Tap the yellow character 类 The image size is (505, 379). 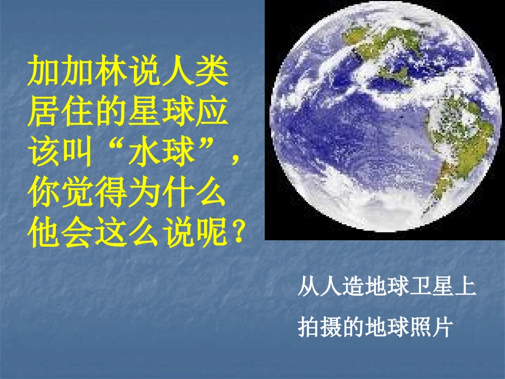click(x=212, y=71)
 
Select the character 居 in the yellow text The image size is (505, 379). click(x=44, y=111)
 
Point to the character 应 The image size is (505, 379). click(x=212, y=111)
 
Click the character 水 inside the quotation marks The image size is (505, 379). click(x=145, y=151)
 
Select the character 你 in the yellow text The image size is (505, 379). click(x=44, y=192)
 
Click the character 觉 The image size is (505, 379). click(x=78, y=192)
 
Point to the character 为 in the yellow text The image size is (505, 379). click(x=145, y=192)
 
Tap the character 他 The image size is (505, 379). click(x=44, y=232)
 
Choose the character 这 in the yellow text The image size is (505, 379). click(x=111, y=232)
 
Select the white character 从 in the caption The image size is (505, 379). click(x=308, y=286)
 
